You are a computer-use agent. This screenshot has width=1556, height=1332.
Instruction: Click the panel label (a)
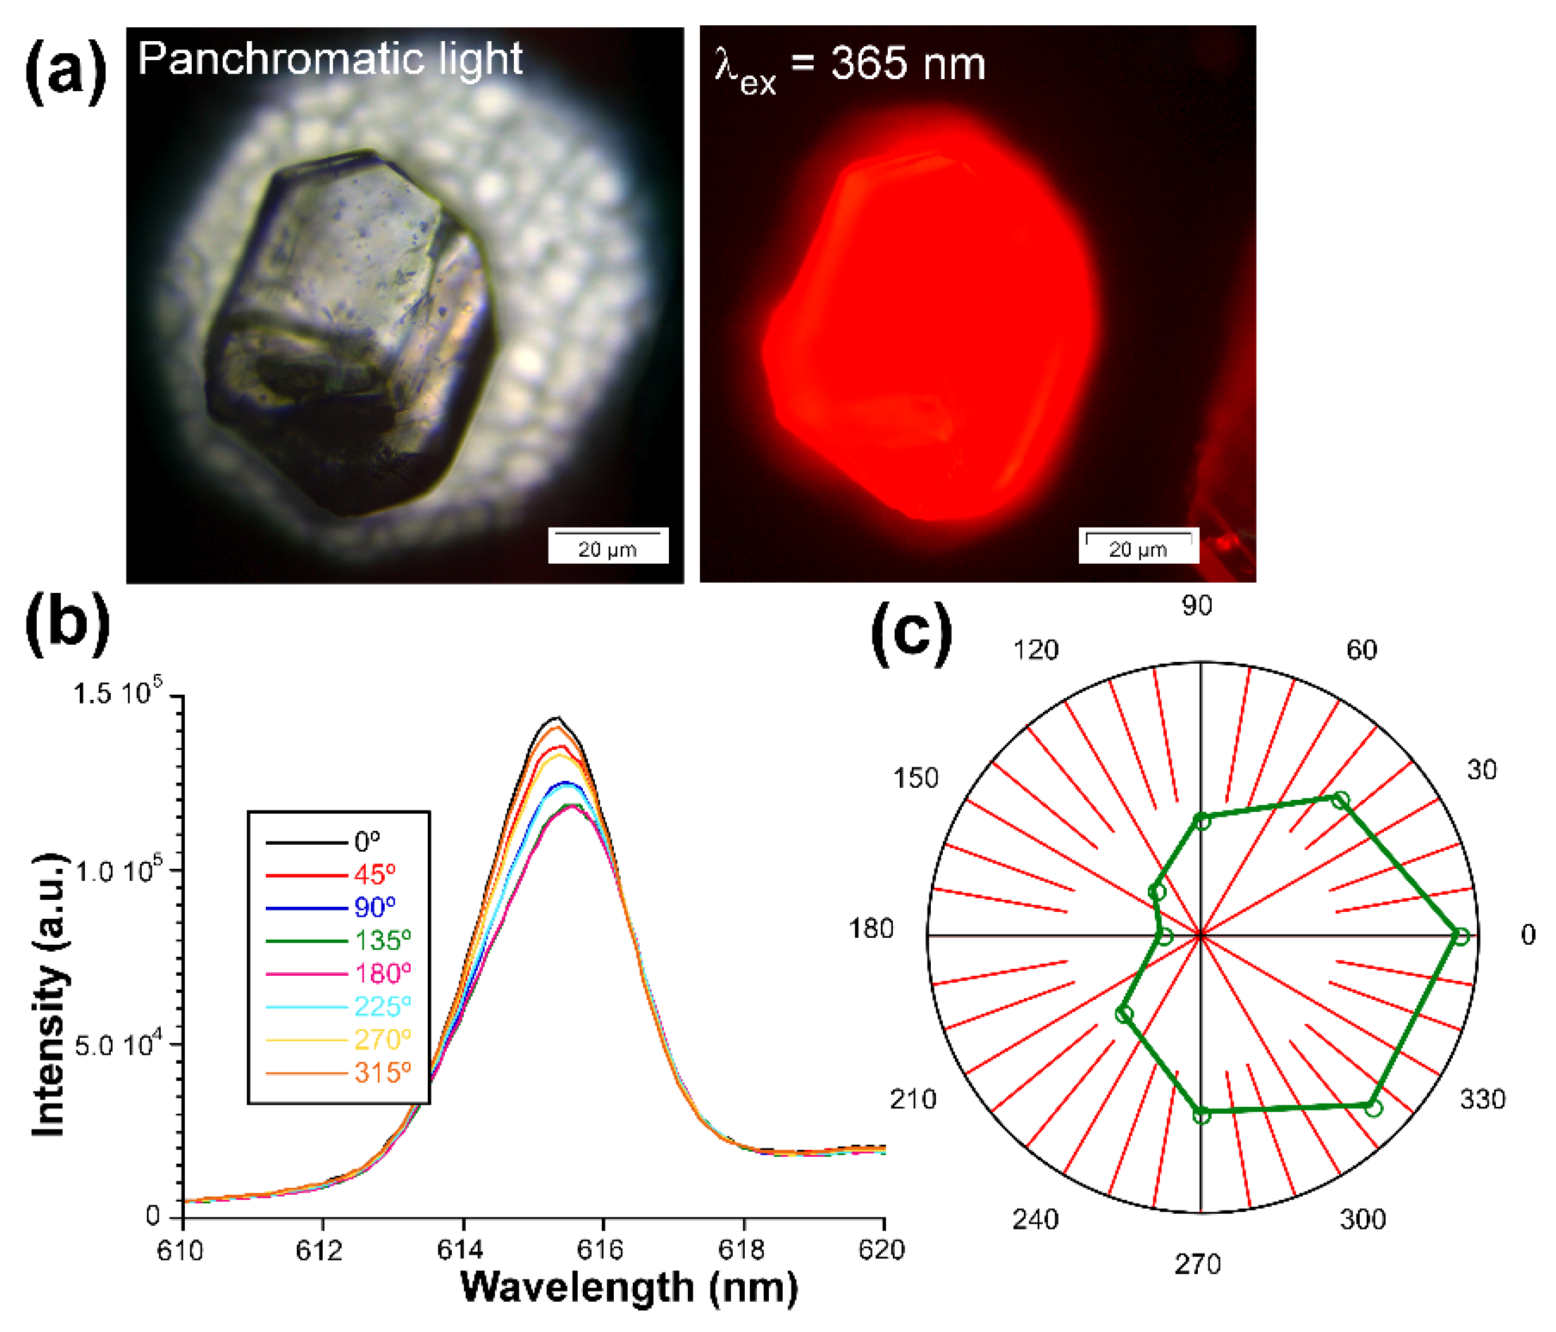66,73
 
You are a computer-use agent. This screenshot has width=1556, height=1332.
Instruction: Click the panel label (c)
911,632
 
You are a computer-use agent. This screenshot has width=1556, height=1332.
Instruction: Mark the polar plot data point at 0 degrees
1460,935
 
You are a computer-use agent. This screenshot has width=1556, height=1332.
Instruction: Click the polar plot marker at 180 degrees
1165,937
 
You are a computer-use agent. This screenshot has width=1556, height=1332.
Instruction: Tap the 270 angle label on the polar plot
1198,1265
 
